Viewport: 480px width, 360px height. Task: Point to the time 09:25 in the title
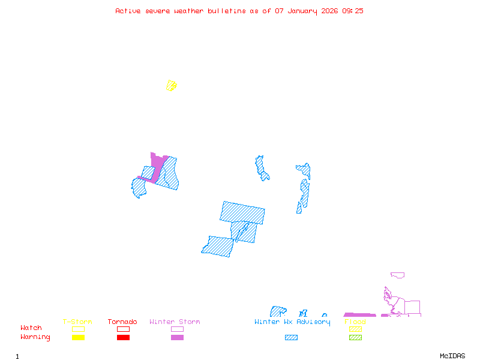(353, 11)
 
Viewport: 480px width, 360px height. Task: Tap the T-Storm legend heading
(77, 322)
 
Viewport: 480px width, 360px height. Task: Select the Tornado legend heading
(122, 322)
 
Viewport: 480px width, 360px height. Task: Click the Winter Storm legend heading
(175, 322)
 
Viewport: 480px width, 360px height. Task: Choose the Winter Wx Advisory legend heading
(292, 322)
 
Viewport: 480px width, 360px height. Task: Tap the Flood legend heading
(355, 322)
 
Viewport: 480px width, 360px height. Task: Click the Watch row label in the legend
(31, 328)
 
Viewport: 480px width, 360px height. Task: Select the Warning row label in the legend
(35, 337)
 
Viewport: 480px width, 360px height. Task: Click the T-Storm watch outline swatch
(78, 329)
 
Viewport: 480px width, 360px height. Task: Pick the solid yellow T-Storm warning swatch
(78, 338)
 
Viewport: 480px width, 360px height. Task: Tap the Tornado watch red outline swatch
(123, 329)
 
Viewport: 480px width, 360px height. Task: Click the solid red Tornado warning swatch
(123, 338)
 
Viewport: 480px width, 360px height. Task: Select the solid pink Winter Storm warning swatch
(177, 338)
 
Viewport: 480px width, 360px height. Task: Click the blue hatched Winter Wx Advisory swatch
(291, 338)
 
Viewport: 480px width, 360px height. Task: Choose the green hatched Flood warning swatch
(355, 338)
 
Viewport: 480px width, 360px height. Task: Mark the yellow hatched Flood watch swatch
(355, 329)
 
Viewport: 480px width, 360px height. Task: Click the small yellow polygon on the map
(172, 86)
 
